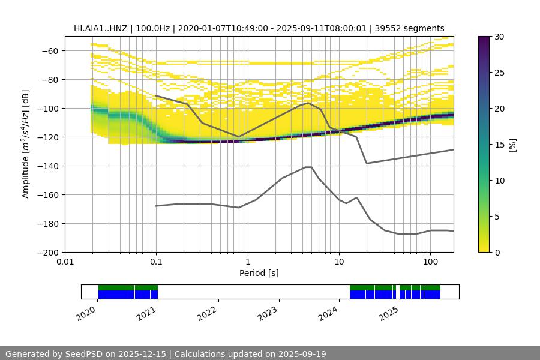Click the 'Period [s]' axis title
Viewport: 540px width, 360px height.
(x=259, y=273)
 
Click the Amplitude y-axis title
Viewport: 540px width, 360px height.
(x=26, y=144)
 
